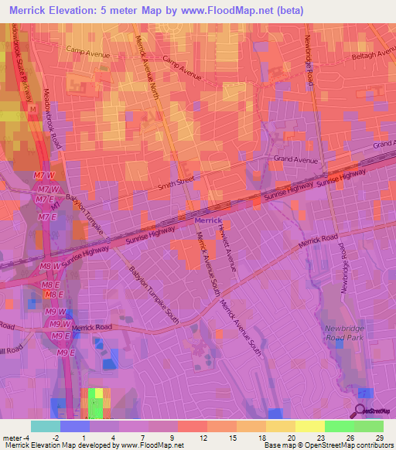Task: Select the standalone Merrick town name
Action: click(207, 220)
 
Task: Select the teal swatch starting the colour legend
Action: click(45, 426)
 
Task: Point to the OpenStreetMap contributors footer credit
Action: click(349, 445)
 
